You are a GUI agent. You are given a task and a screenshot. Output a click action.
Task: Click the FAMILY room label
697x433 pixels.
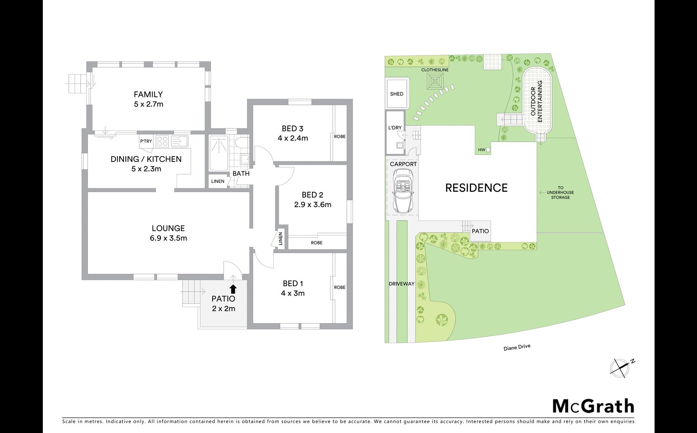[x=148, y=95]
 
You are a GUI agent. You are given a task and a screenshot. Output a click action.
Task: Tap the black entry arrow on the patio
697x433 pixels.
[x=233, y=289]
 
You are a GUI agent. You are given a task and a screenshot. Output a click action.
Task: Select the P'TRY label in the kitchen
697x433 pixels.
[x=146, y=141]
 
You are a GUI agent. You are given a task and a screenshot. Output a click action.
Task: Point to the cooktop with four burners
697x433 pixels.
[x=162, y=141]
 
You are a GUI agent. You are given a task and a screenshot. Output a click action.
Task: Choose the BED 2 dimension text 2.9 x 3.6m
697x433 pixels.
[x=313, y=205]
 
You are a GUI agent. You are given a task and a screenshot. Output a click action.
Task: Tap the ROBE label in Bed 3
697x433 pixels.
[x=340, y=137]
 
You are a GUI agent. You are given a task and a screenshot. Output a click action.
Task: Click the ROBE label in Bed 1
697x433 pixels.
[x=340, y=288]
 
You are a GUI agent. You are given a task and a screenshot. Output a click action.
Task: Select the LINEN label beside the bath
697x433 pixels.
[x=218, y=181]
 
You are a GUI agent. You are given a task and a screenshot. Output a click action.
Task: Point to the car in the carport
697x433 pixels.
[x=403, y=191]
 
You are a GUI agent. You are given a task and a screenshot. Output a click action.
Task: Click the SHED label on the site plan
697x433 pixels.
[x=397, y=94]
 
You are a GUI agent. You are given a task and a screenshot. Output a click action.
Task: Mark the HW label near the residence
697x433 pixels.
[x=481, y=150]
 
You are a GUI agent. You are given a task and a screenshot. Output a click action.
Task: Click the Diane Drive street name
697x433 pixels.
[x=517, y=347]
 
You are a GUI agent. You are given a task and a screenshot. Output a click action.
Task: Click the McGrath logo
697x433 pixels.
[x=593, y=406]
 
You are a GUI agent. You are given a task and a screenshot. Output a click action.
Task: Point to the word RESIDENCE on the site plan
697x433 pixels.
[x=476, y=188]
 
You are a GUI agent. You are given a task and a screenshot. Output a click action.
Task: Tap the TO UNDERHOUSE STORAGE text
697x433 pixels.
[x=561, y=193]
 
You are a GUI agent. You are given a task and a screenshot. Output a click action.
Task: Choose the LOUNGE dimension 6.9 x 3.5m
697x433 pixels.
[x=169, y=238]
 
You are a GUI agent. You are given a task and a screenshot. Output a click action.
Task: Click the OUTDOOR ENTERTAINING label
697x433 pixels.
[x=536, y=101]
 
